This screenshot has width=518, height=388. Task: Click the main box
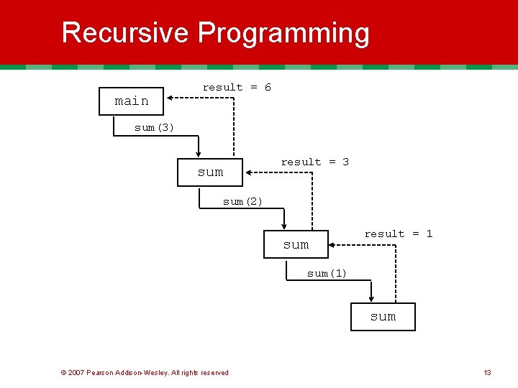[x=132, y=101]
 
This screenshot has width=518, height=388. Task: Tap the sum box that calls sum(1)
[x=296, y=244]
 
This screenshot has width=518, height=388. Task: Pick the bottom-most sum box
[x=383, y=317]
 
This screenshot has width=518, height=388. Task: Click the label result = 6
[x=237, y=88]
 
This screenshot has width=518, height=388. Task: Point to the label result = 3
[x=314, y=162]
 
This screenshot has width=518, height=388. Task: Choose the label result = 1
[x=398, y=234]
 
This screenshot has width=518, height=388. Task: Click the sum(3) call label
[x=154, y=128]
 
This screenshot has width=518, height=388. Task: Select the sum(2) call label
[x=242, y=202]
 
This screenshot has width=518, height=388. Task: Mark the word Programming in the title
[x=283, y=33]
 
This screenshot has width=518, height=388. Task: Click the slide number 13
[x=487, y=372]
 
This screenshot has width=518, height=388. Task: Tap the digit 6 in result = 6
[x=268, y=88]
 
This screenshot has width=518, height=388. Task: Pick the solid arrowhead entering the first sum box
[x=198, y=153]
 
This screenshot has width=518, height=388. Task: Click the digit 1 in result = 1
[x=429, y=234]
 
